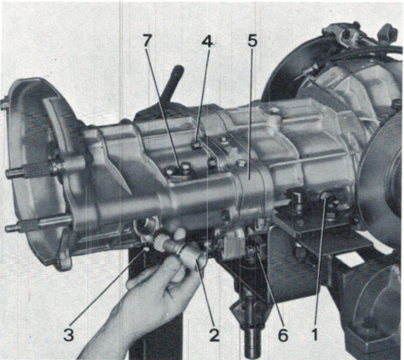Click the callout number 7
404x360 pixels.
tap(148, 41)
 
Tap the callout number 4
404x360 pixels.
tap(207, 41)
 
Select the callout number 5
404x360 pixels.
tap(252, 41)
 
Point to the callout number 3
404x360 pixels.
tap(68, 334)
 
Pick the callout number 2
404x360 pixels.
tap(215, 334)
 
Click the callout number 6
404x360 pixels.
tap(283, 334)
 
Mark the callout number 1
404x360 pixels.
tap(315, 334)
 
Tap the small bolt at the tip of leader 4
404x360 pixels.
tap(196, 145)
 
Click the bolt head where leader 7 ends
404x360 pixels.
tap(184, 168)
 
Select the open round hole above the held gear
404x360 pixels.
tap(144, 226)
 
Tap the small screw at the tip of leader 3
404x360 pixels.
tap(146, 249)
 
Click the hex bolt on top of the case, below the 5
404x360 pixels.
tap(240, 163)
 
